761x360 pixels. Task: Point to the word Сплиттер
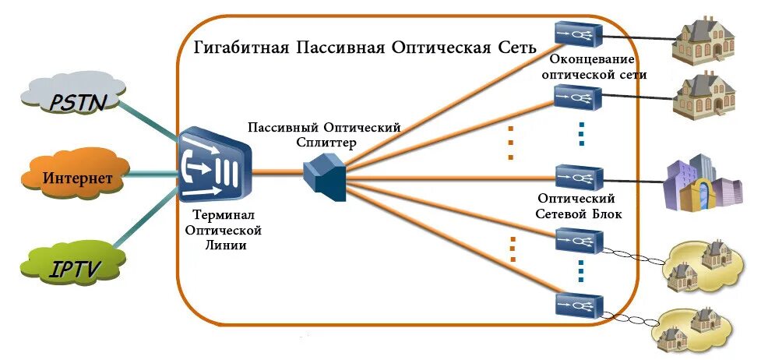click(326, 143)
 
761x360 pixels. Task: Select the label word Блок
click(604, 214)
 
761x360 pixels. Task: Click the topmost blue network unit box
click(578, 32)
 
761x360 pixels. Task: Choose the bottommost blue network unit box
click(578, 303)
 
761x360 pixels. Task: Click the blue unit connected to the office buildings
click(579, 178)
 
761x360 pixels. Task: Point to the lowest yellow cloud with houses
click(692, 330)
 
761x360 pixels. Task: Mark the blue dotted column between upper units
click(581, 133)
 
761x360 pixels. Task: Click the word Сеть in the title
click(517, 47)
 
